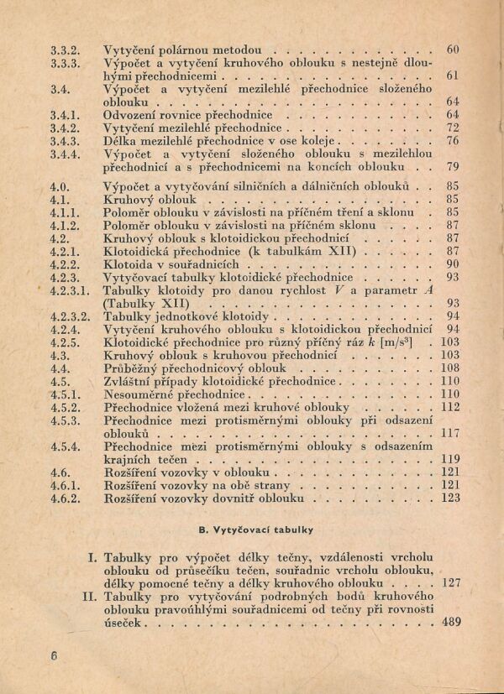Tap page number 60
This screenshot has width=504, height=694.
tap(453, 50)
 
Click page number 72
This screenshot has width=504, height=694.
tap(453, 128)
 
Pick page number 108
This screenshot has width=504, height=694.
tap(450, 368)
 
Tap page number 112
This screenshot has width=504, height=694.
tap(450, 407)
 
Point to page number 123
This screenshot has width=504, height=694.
tap(450, 498)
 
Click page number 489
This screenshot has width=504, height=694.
tap(450, 623)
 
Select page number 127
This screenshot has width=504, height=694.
tap(450, 583)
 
